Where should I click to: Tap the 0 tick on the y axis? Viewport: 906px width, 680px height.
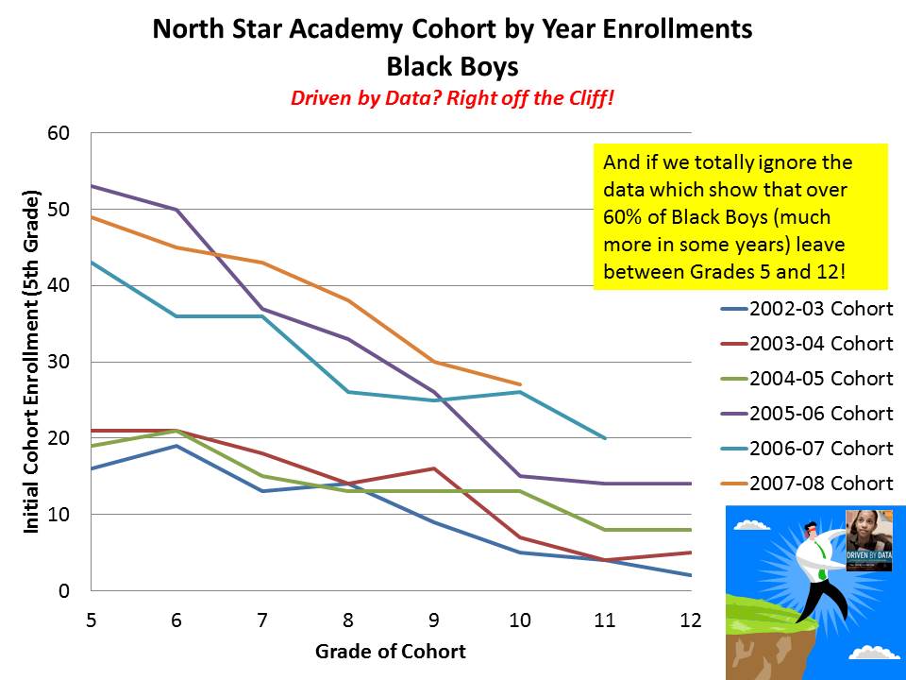[64, 591]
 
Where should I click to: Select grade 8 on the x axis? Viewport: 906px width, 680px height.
[347, 620]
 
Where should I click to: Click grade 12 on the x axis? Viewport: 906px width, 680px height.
[691, 620]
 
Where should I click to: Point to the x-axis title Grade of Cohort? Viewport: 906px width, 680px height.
[390, 652]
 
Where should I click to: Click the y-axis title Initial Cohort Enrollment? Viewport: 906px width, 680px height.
[32, 363]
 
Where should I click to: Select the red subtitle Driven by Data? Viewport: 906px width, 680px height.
[452, 97]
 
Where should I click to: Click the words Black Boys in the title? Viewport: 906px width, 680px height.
[452, 66]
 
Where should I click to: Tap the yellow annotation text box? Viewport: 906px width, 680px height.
[741, 216]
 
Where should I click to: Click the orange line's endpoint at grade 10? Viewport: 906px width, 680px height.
[520, 384]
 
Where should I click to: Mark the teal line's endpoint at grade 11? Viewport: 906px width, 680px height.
[605, 438]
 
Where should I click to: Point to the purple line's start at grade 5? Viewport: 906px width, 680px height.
[91, 186]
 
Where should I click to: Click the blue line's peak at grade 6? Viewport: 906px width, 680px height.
[176, 446]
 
